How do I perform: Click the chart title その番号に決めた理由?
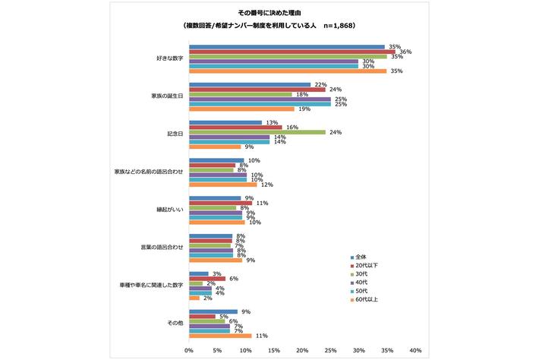pyautogui.click(x=269, y=12)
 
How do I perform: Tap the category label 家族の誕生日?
pyautogui.click(x=165, y=96)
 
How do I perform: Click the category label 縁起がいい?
pyautogui.click(x=169, y=210)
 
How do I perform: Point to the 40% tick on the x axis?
pyautogui.click(x=415, y=351)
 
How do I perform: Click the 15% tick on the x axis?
pyautogui.click(x=273, y=351)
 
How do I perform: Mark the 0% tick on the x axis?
pyautogui.click(x=189, y=351)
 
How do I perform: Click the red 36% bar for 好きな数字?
pyautogui.click(x=292, y=52)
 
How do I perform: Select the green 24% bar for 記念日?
pyautogui.click(x=257, y=132)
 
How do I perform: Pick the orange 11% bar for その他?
pyautogui.click(x=219, y=335)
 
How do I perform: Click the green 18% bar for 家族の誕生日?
pyautogui.click(x=240, y=94)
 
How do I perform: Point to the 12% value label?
pyautogui.click(x=266, y=185)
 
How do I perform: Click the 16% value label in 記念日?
pyautogui.click(x=290, y=127)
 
